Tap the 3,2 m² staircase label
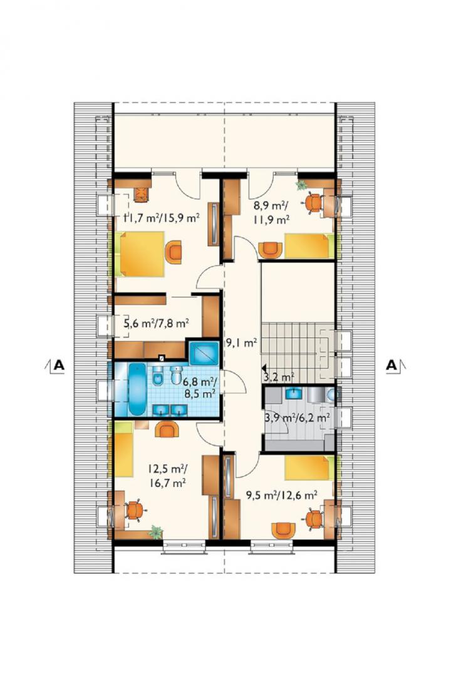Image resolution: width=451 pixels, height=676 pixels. pos(279,377)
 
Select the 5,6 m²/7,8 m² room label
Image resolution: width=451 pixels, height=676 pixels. pos(157,323)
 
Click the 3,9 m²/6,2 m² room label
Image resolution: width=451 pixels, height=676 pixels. pos(298,417)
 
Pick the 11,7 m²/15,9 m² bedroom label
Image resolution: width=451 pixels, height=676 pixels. pos(162,218)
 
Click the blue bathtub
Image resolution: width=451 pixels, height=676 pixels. pos(138,389)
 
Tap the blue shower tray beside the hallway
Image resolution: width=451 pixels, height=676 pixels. pos(204,352)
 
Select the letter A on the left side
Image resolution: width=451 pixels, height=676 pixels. pos(58,365)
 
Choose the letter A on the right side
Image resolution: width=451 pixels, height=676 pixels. pos(391,365)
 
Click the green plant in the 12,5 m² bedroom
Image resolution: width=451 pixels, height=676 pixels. pos(155,533)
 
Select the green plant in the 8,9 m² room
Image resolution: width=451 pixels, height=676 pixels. pos(301,185)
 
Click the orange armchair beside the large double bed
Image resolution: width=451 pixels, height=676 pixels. pos(174,252)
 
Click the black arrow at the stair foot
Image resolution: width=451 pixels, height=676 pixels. pos(263,369)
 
